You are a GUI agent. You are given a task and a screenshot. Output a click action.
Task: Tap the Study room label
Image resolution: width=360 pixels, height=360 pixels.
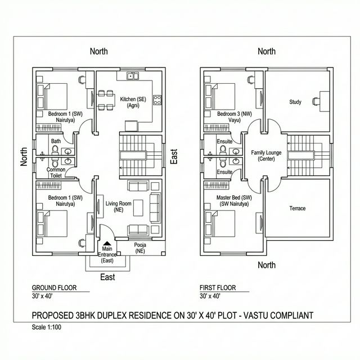[x=295, y=102]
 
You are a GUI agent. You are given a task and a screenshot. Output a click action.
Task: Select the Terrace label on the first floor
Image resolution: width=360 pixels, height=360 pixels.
[x=297, y=208]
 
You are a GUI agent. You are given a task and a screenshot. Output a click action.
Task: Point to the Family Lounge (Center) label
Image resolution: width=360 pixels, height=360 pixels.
[x=265, y=156]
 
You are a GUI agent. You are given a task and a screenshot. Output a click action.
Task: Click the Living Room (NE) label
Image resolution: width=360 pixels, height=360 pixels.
[x=119, y=206]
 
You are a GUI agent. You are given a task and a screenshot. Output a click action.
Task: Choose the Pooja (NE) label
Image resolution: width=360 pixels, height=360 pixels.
[x=139, y=248]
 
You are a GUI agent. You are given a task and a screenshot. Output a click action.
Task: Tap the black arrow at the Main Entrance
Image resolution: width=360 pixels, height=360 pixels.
[x=107, y=242]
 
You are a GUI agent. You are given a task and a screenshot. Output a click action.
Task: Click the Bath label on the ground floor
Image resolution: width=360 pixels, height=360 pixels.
[x=56, y=141]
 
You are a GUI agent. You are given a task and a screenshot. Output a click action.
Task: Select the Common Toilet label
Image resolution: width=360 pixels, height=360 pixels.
[x=56, y=173]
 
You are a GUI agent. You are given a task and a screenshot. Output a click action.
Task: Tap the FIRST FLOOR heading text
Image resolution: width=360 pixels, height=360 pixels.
[x=217, y=287]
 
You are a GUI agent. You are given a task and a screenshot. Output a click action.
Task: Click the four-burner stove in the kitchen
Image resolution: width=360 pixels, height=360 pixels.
[x=157, y=101]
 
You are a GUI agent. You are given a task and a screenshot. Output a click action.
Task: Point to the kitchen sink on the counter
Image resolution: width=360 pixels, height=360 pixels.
[x=133, y=75]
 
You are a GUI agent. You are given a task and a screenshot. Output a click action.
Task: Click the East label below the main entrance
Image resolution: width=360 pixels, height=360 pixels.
[x=107, y=277]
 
